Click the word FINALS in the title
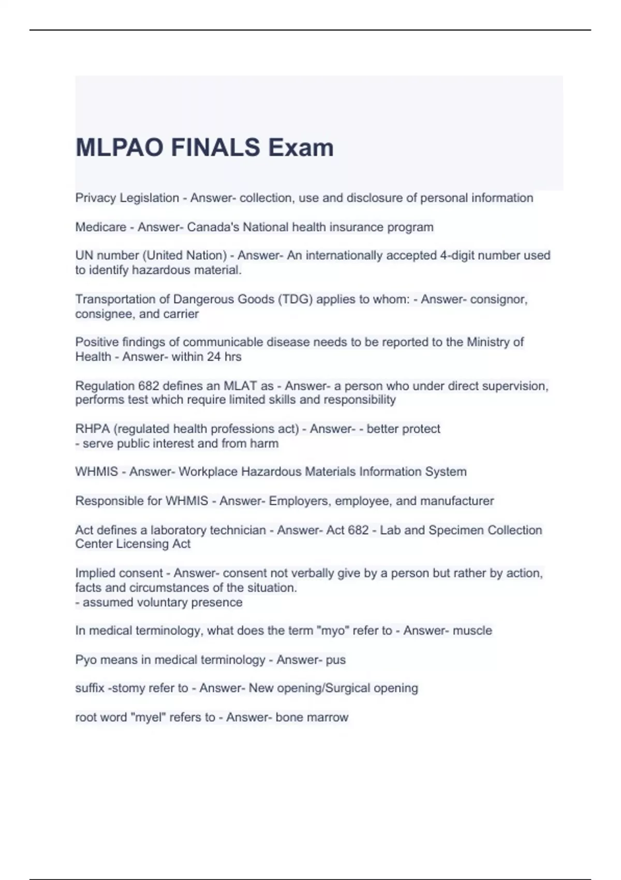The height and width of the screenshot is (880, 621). pyautogui.click(x=215, y=148)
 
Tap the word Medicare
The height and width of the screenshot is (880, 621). pyautogui.click(x=100, y=227)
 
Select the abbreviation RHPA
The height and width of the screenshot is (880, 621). pyautogui.click(x=92, y=429)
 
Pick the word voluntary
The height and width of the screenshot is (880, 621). pyautogui.click(x=141, y=603)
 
